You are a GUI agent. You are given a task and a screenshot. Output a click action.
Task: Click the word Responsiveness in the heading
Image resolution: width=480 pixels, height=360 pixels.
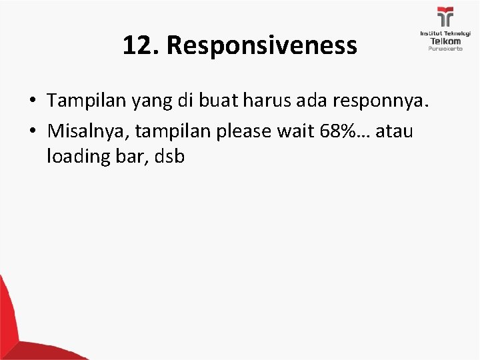pos(263,46)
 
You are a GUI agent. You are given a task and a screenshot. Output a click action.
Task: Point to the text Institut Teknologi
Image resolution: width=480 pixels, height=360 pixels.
pos(445,33)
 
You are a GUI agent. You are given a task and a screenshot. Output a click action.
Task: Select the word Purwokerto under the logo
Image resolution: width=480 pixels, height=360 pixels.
pos(445,49)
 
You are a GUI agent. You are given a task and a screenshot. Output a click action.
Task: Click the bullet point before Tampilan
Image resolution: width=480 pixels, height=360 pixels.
pos(32,102)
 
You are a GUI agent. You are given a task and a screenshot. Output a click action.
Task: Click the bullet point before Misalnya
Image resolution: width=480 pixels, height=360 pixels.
pos(32,132)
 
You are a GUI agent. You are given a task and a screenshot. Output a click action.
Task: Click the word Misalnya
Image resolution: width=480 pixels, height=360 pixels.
pos(88,131)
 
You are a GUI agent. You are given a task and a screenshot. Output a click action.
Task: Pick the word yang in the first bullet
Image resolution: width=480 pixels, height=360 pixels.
pos(150,102)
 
